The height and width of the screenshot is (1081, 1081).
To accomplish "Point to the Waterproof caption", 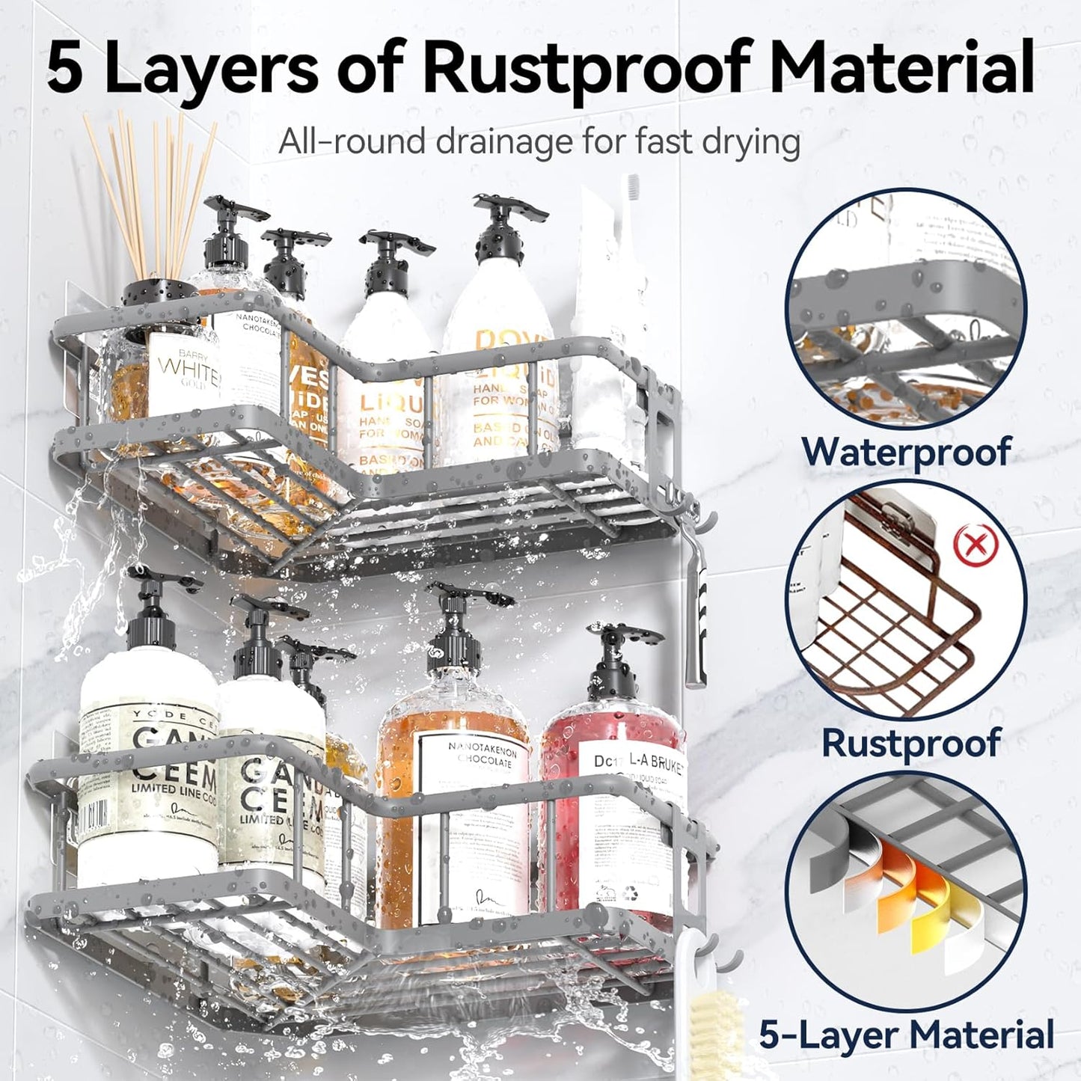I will pyautogui.click(x=905, y=452).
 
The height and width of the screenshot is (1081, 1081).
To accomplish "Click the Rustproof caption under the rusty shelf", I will pyautogui.click(x=910, y=742).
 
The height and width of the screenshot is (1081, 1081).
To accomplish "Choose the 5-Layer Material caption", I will pyautogui.click(x=906, y=1035).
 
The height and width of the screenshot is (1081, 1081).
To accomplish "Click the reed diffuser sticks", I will pyautogui.click(x=150, y=195).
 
